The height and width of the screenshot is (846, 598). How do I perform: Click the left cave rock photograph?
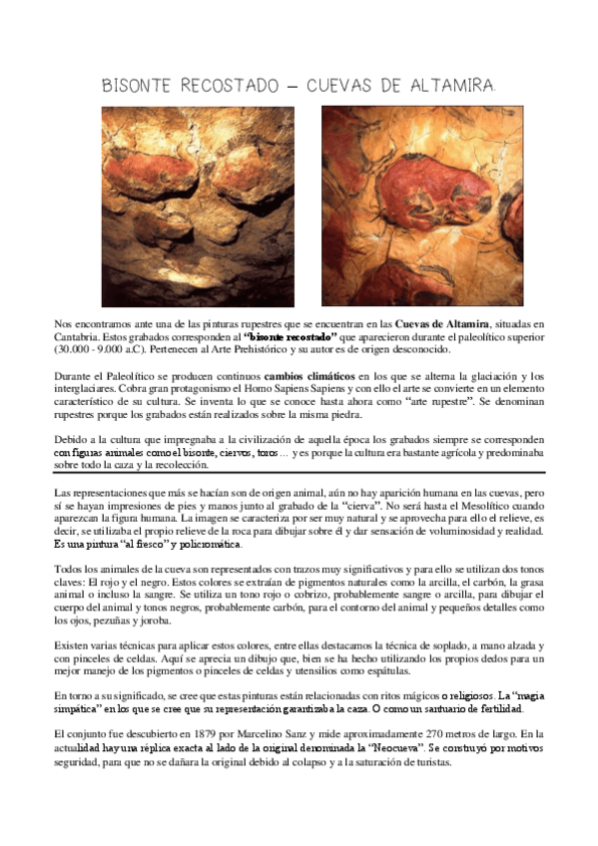197,206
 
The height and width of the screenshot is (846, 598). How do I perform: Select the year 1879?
200,733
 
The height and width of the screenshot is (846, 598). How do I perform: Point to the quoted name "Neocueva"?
393,746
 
